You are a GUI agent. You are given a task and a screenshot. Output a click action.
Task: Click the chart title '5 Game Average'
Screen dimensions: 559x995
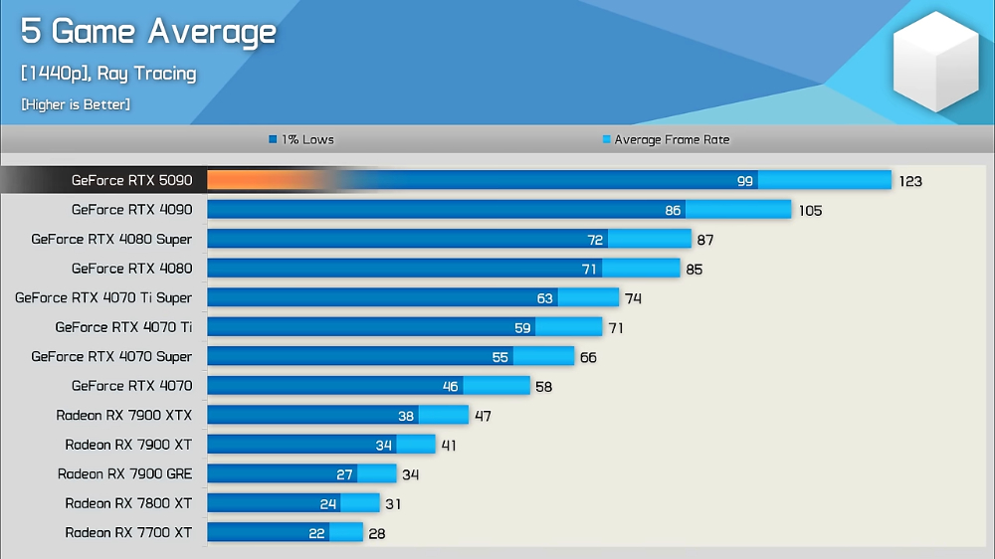(148, 33)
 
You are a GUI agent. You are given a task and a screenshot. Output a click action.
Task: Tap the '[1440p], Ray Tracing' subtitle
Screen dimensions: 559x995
(108, 74)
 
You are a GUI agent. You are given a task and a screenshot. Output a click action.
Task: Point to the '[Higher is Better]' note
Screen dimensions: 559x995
(76, 104)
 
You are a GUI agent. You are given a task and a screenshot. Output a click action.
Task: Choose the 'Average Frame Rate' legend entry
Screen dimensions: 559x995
(666, 140)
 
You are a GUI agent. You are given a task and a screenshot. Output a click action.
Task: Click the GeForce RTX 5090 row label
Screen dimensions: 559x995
(131, 180)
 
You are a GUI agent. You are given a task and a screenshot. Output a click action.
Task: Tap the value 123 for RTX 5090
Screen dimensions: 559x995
(910, 181)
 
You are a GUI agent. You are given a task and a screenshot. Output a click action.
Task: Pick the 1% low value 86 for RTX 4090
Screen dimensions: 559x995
(673, 210)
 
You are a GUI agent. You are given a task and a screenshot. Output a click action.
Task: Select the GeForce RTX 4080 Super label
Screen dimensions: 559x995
(111, 239)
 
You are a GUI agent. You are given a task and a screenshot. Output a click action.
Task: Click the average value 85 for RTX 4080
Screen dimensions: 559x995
(694, 269)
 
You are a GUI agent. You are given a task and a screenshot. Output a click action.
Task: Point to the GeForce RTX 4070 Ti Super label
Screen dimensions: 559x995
(103, 297)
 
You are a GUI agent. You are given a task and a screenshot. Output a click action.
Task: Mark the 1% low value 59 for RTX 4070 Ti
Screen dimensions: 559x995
(521, 327)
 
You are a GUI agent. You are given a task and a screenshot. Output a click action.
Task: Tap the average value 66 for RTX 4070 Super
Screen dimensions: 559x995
(588, 357)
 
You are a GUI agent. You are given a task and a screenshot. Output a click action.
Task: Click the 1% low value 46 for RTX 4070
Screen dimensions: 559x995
(450, 386)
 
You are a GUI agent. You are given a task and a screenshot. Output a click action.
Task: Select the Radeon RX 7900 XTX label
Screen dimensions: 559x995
(124, 415)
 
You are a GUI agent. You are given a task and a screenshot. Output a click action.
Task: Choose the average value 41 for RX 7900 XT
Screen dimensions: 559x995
(449, 446)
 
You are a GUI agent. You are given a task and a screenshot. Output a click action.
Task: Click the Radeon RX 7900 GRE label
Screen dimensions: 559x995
(124, 473)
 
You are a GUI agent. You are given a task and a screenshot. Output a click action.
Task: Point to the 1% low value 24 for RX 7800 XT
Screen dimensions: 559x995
(328, 504)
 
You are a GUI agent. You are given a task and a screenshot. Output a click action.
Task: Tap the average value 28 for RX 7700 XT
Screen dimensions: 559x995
(376, 533)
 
